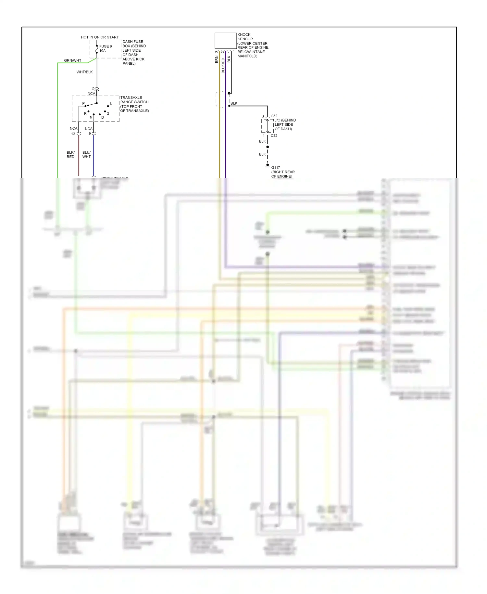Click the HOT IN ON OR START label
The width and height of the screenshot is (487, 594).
pos(100,37)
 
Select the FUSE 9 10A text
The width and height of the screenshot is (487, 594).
pos(106,48)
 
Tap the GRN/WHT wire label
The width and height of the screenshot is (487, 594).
pos(72,60)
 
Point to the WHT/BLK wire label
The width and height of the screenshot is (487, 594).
pos(84,72)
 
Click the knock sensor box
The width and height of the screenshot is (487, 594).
pos(225,41)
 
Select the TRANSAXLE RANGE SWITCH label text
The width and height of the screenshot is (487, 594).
pos(134,104)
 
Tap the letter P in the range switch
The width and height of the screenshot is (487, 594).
pos(83,103)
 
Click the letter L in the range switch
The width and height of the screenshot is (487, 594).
pos(111,104)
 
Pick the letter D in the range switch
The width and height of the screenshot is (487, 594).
pos(103,117)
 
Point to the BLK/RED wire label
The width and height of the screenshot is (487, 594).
pos(70,154)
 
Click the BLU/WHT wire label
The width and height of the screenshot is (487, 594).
pos(86,154)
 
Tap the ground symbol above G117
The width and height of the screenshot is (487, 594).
pos(268,166)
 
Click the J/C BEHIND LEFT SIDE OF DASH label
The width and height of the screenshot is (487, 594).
pos(285,124)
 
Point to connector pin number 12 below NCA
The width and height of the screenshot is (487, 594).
pos(73,134)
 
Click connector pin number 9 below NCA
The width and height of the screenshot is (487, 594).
pos(90,134)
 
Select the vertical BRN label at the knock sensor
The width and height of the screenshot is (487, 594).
pos(217,59)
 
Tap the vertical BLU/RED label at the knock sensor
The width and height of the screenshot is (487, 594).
pos(223,65)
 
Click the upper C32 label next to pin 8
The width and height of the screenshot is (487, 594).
pos(274,116)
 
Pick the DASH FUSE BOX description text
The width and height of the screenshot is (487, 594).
pos(134,52)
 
